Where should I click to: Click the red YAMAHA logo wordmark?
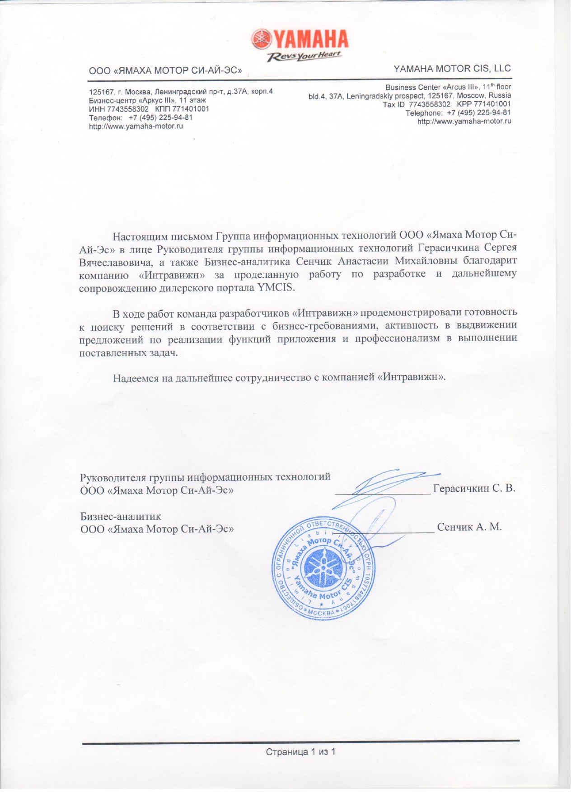point(310,39)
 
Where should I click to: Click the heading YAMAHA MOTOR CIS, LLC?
point(452,69)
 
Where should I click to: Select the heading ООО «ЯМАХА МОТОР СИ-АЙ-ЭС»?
point(165,70)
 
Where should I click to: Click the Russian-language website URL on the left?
point(136,126)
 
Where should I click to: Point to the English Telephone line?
point(458,113)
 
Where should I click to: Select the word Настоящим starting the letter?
point(138,236)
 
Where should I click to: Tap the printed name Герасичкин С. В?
point(474,488)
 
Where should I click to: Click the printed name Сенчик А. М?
point(469,527)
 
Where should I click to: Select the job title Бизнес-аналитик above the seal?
point(121,516)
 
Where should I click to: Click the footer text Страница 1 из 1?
point(300,752)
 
